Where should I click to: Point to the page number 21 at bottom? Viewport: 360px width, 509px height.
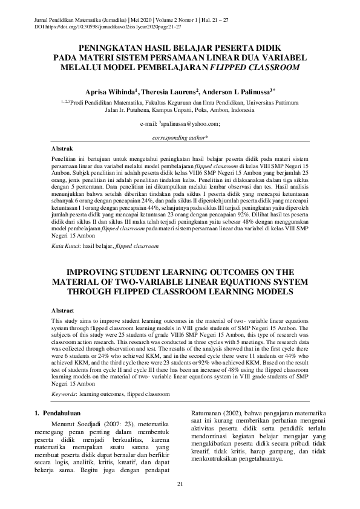[180, 485]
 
